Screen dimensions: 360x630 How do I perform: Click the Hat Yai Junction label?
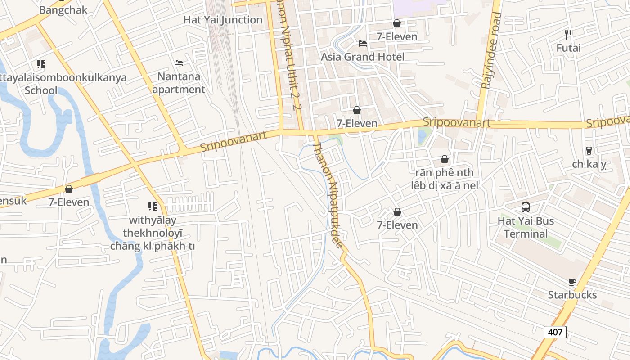pos(223,20)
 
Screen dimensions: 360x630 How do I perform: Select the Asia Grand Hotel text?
pos(362,57)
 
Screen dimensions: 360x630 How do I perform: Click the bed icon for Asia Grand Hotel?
pos(362,44)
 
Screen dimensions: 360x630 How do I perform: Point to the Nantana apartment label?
pos(179,83)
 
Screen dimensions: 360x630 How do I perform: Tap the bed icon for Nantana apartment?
pos(179,63)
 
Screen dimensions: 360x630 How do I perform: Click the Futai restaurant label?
pos(568,48)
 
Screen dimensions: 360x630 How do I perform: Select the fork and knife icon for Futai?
pos(568,34)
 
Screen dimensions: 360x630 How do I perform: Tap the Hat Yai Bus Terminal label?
pos(526,227)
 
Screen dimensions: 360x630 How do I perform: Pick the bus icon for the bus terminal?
pos(526,207)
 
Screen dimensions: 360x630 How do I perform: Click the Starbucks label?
pos(572,295)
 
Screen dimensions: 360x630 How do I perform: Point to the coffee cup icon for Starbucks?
pos(572,282)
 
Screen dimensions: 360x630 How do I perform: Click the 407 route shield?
pos(555,332)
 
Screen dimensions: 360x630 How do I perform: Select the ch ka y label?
pos(589,164)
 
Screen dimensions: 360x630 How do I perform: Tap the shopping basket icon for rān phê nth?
pos(444,159)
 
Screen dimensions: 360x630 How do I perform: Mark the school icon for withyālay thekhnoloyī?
pos(153,207)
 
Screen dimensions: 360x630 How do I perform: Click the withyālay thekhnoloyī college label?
pos(153,233)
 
